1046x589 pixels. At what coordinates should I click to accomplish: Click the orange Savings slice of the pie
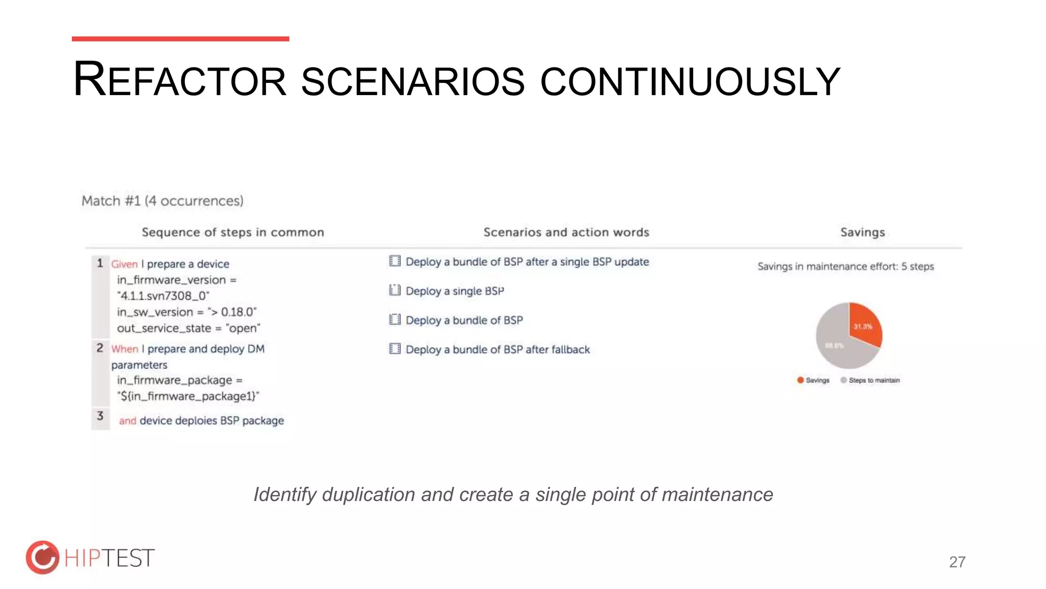pyautogui.click(x=865, y=325)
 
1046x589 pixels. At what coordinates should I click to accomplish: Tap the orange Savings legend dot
pyautogui.click(x=800, y=380)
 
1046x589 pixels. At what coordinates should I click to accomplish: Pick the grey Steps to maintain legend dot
pyautogui.click(x=843, y=380)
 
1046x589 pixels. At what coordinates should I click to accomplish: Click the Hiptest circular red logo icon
pyautogui.click(x=42, y=557)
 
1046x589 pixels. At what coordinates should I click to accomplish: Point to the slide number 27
pyautogui.click(x=957, y=562)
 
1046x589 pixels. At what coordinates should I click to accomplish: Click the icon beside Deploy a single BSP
pyautogui.click(x=394, y=290)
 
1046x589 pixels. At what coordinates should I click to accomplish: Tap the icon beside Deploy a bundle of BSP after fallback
pyautogui.click(x=394, y=349)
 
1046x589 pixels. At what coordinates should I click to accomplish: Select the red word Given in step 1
pyautogui.click(x=124, y=264)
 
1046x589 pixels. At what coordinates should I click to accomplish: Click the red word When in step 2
pyautogui.click(x=125, y=349)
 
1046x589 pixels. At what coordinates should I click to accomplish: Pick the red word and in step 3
pyautogui.click(x=127, y=421)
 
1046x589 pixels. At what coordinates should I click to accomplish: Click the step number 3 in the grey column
pyautogui.click(x=100, y=416)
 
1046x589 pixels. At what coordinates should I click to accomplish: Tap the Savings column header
pyautogui.click(x=862, y=232)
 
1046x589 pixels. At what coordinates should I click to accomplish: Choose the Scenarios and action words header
pyautogui.click(x=566, y=232)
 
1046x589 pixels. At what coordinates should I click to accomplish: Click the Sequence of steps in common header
pyautogui.click(x=232, y=232)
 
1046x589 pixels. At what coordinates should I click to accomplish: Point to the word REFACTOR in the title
pyautogui.click(x=179, y=80)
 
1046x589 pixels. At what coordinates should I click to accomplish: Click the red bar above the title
pyautogui.click(x=180, y=39)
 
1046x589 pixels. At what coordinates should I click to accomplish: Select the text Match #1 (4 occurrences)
pyautogui.click(x=162, y=200)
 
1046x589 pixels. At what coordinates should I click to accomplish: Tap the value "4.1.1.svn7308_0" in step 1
pyautogui.click(x=163, y=296)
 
